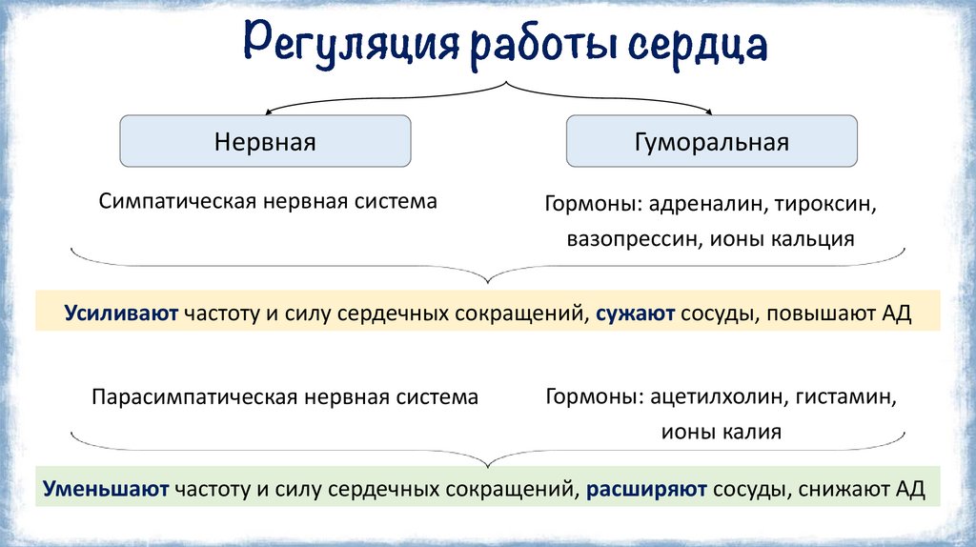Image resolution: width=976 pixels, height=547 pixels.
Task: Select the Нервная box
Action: coord(265,142)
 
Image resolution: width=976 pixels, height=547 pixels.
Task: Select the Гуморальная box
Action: coord(712,142)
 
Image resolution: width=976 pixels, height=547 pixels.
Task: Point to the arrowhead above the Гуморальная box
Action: coord(706,111)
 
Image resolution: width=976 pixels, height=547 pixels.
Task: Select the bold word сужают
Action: coord(636,314)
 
